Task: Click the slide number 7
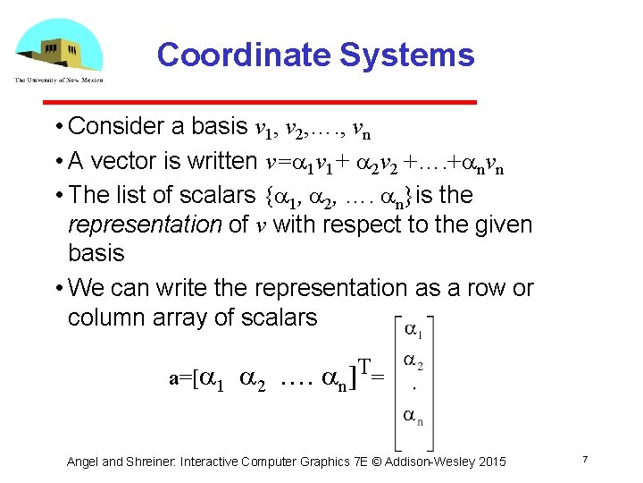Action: (583, 460)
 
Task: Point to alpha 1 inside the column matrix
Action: (413, 331)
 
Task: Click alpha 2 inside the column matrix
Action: (413, 361)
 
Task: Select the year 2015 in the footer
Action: (490, 462)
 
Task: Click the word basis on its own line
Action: (96, 253)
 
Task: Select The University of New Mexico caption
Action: (58, 80)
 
